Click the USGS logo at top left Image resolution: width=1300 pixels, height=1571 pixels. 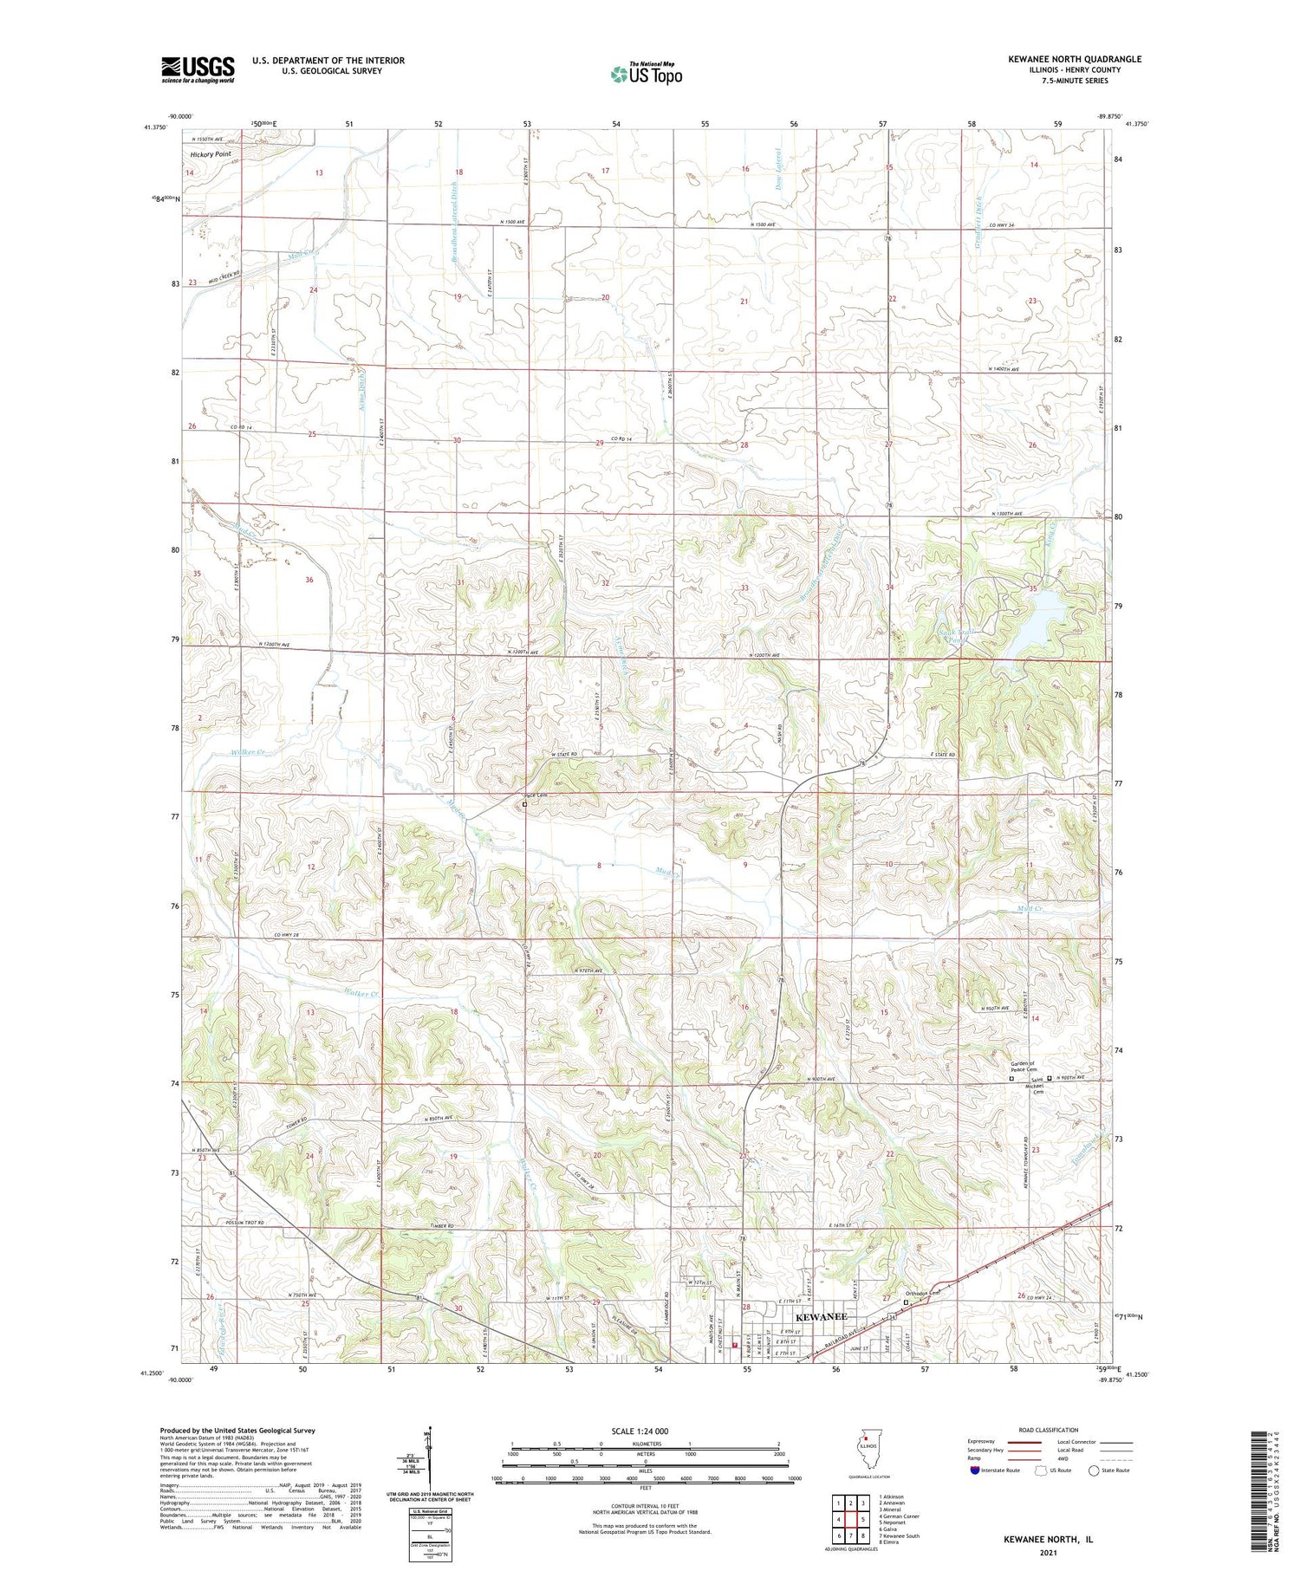198,69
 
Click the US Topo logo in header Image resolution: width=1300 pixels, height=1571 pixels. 646,75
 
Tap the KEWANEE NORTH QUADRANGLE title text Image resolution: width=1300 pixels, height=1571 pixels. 1074,59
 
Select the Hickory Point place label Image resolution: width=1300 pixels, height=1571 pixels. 211,154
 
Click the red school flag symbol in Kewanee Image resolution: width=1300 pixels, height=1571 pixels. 735,1346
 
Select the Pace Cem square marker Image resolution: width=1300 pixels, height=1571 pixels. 524,803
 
